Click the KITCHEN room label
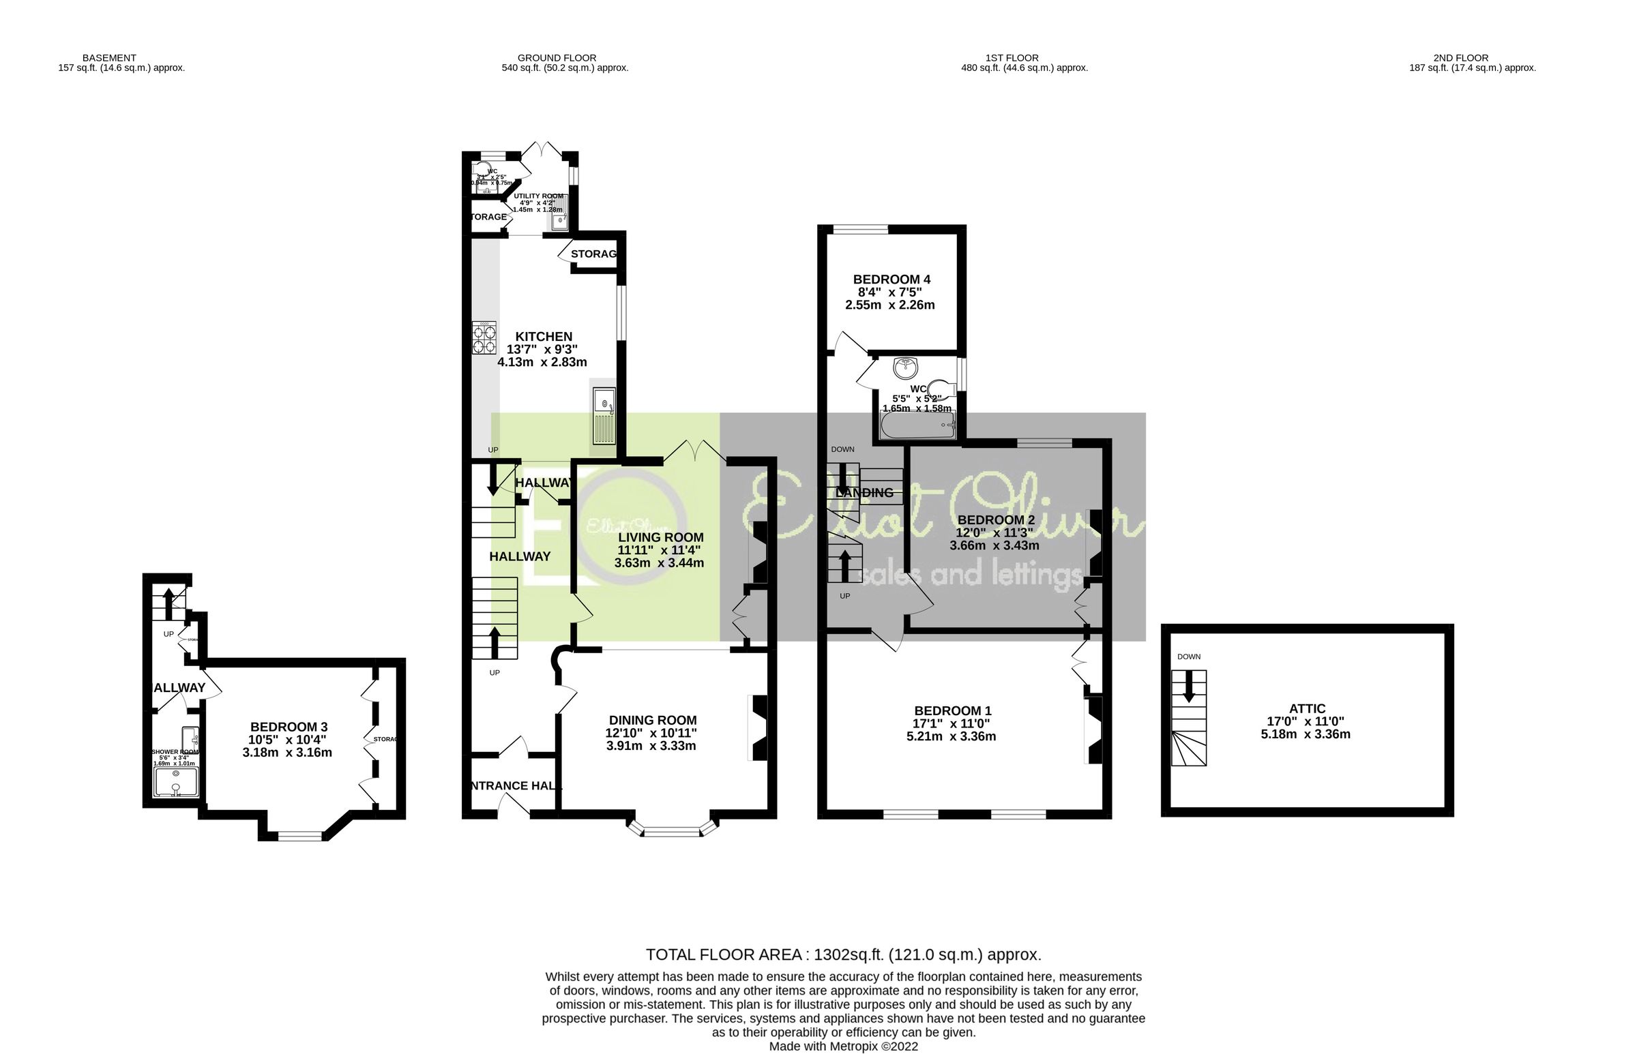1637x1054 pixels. click(x=544, y=337)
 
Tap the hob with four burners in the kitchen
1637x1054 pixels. click(x=484, y=338)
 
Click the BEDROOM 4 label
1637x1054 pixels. click(x=891, y=280)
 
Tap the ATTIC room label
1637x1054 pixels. click(x=1306, y=709)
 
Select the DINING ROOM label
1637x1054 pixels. click(x=653, y=720)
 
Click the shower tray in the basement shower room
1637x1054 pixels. click(x=177, y=782)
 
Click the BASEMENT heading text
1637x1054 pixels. click(x=109, y=58)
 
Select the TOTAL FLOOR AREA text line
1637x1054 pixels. click(x=843, y=954)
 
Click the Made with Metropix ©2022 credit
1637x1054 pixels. click(x=843, y=1047)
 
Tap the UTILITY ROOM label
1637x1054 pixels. click(x=538, y=196)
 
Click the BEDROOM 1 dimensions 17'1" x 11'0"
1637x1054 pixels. click(x=952, y=723)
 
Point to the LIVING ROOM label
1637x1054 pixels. click(x=660, y=537)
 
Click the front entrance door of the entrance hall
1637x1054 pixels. click(x=514, y=809)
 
